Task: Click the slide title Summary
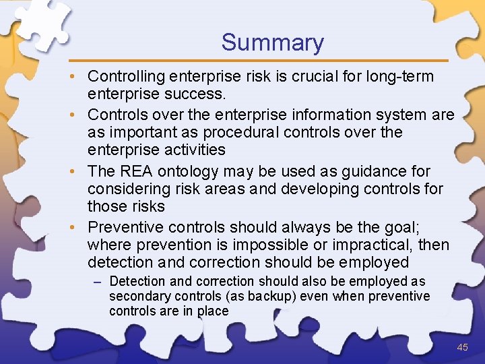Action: coord(272,42)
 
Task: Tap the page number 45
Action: coord(462,347)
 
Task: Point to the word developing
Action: coord(312,189)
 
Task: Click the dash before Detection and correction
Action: coord(99,281)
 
